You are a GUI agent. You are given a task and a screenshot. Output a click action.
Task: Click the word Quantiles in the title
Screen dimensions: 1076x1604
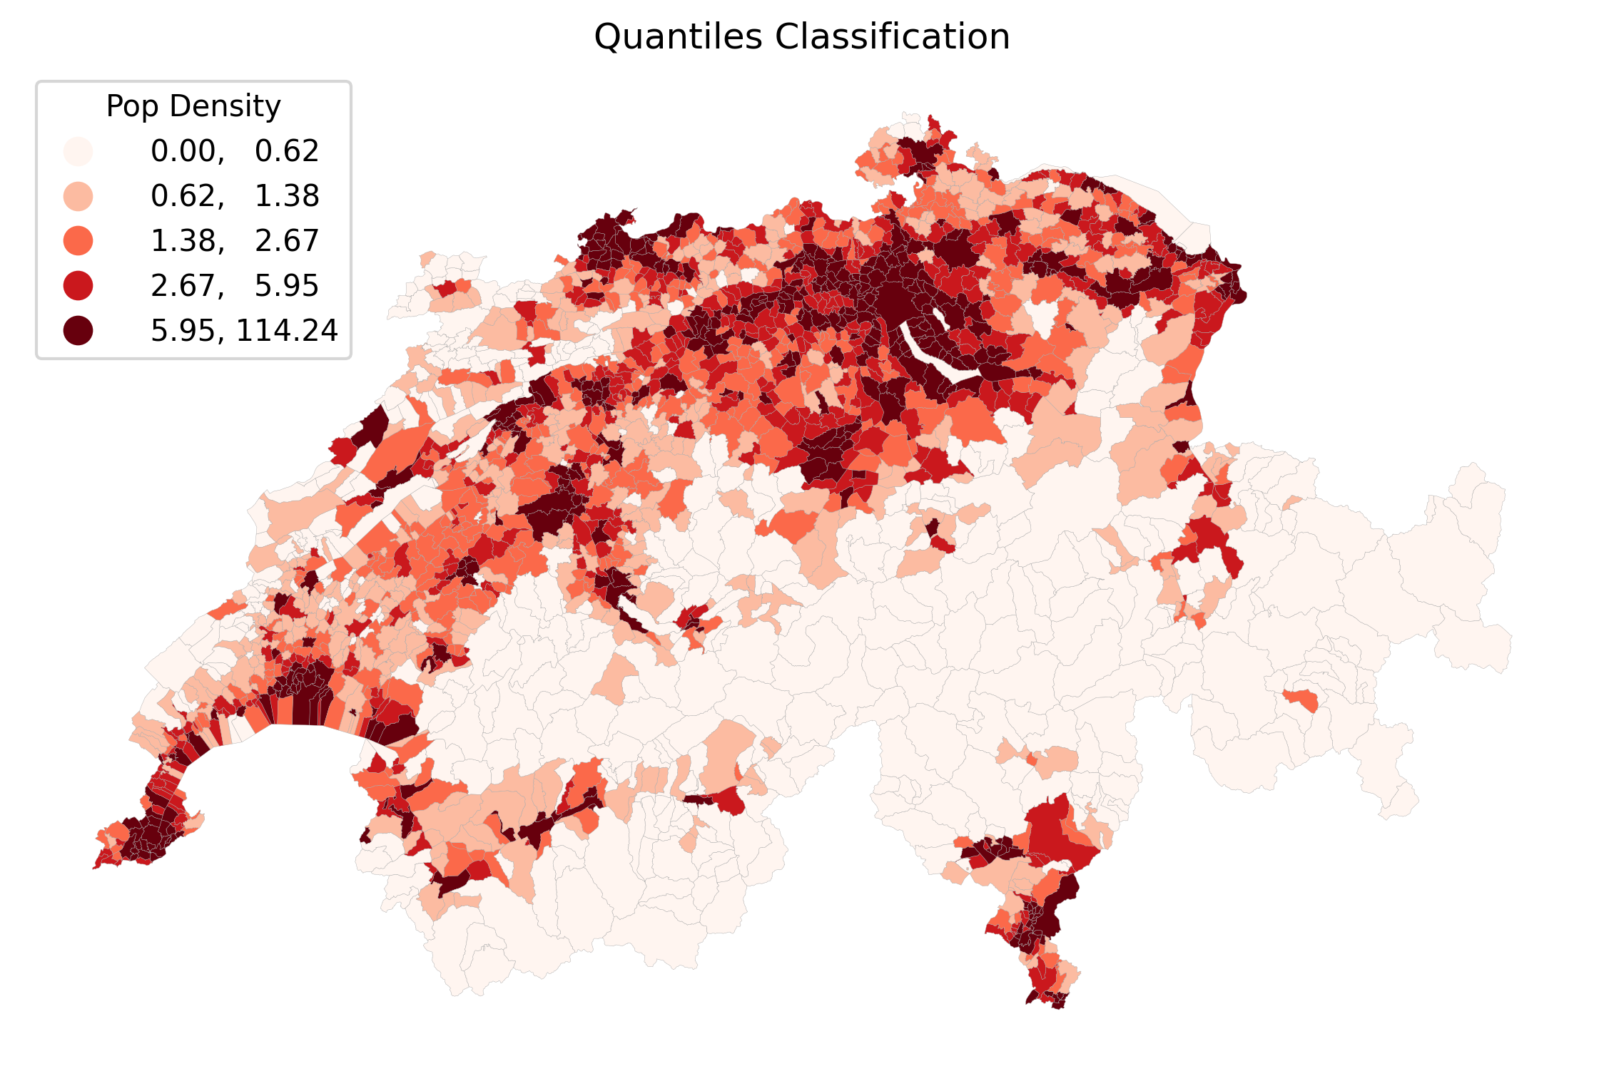click(x=678, y=37)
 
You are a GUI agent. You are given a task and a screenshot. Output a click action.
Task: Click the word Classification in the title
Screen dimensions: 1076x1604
click(x=892, y=37)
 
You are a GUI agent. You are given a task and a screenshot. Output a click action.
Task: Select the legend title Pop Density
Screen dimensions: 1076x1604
click(x=193, y=106)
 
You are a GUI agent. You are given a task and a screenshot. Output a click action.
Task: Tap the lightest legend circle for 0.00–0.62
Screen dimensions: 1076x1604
click(x=78, y=151)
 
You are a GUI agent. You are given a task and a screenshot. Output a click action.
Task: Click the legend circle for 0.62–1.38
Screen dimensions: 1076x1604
click(x=78, y=196)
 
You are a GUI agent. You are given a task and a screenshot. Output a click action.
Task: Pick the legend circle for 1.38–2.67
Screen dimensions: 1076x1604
click(x=78, y=241)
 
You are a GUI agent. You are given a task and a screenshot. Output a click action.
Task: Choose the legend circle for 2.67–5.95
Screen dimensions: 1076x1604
click(x=78, y=286)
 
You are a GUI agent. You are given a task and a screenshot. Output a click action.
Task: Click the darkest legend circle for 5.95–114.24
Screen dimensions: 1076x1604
click(x=78, y=331)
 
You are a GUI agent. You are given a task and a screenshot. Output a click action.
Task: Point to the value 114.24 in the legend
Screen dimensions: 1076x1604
click(x=287, y=331)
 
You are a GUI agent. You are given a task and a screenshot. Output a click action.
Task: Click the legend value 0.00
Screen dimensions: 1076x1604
click(x=183, y=151)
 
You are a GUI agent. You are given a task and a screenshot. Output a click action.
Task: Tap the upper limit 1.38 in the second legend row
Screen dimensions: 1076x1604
click(x=287, y=196)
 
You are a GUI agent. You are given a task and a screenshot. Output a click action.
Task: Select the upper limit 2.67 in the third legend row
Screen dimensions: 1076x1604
click(x=287, y=241)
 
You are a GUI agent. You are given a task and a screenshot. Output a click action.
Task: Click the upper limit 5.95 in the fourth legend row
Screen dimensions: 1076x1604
click(x=287, y=286)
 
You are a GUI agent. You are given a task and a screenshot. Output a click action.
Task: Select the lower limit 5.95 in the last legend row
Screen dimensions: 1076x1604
click(x=183, y=331)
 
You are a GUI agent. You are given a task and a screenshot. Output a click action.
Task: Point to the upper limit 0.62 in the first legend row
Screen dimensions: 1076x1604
click(x=287, y=151)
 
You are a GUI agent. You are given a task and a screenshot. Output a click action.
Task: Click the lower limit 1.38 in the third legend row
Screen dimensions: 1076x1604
click(x=183, y=241)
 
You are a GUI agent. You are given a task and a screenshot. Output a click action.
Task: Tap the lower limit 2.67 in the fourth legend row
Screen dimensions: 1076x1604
click(x=183, y=286)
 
